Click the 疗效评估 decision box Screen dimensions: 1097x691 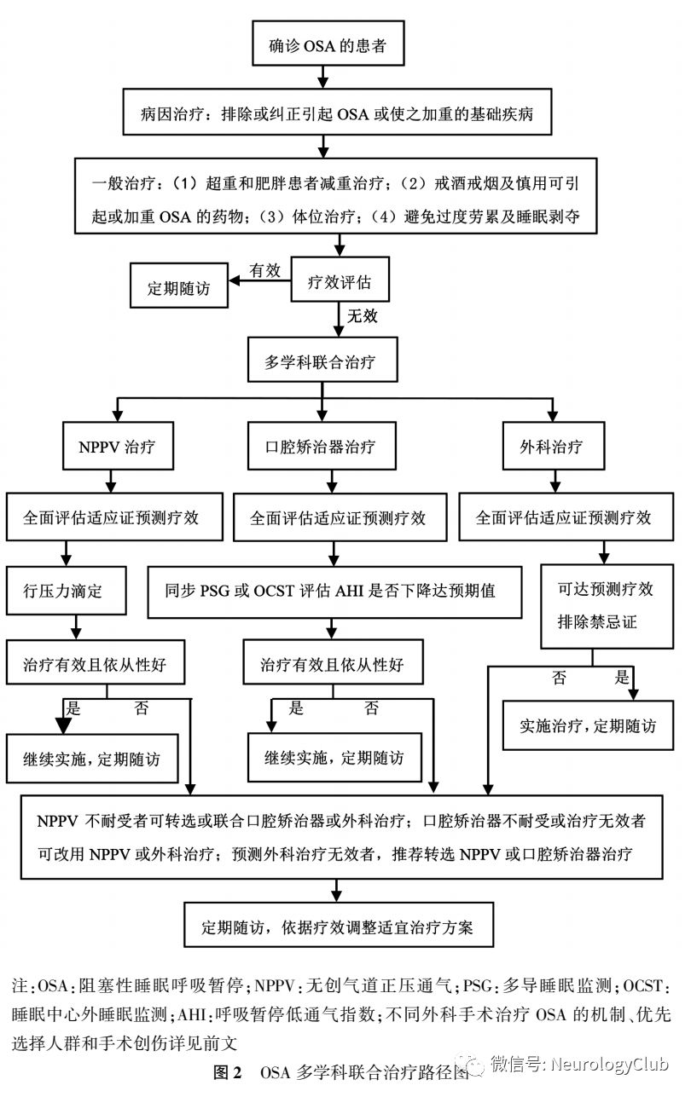click(x=340, y=279)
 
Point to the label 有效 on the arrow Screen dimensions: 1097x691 click(x=264, y=270)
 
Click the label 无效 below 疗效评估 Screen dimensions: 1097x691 click(x=362, y=316)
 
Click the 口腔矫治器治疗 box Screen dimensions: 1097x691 click(x=321, y=447)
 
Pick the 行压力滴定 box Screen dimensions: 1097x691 click(x=66, y=589)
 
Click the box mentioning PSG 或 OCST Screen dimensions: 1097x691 click(x=334, y=589)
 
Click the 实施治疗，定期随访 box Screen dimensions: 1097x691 click(x=589, y=726)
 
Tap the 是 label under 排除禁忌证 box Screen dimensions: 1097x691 click(x=622, y=678)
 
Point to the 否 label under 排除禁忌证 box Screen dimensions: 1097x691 click(x=559, y=678)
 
